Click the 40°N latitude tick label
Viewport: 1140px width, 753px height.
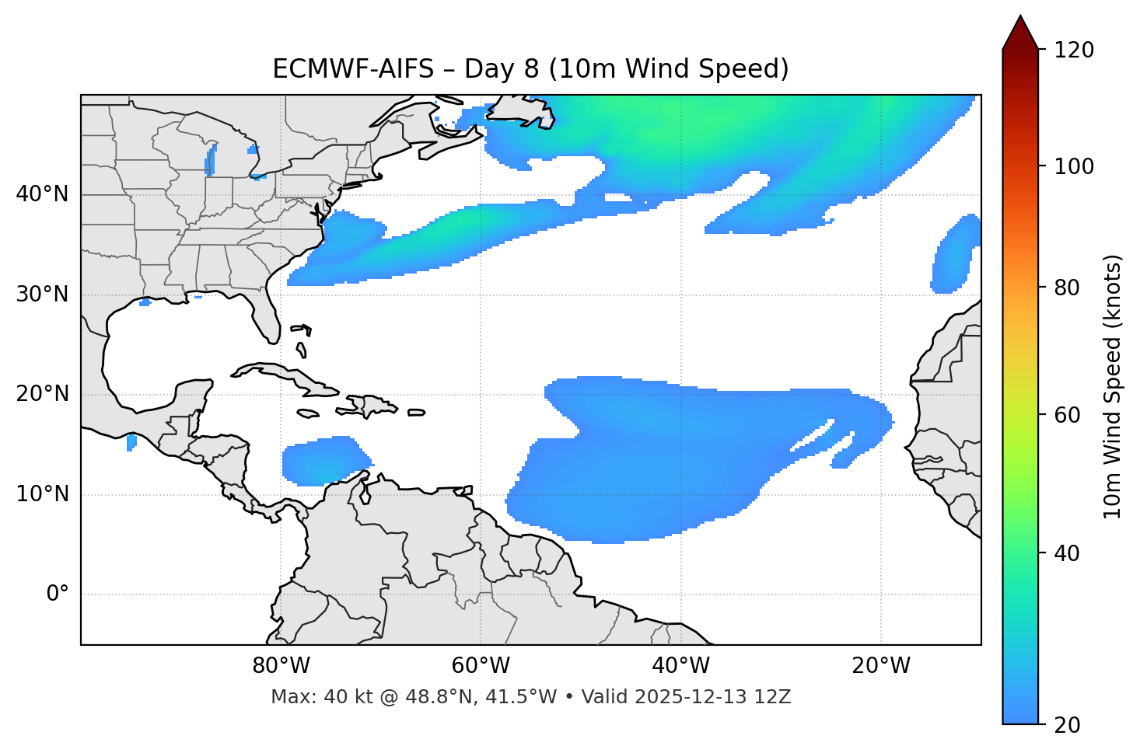click(42, 194)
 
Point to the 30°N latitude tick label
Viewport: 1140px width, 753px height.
click(42, 295)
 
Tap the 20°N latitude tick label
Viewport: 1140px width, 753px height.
click(42, 394)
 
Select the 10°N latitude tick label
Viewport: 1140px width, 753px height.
click(42, 494)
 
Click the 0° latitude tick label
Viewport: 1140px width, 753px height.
click(58, 594)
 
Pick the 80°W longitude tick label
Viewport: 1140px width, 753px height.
click(281, 666)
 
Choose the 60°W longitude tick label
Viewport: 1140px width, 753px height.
click(481, 666)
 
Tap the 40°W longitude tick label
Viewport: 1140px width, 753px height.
click(680, 666)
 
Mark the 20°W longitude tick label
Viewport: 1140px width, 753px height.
click(881, 666)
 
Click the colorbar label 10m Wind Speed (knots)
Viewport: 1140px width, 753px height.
click(1113, 386)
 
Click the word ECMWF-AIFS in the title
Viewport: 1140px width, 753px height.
click(353, 69)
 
